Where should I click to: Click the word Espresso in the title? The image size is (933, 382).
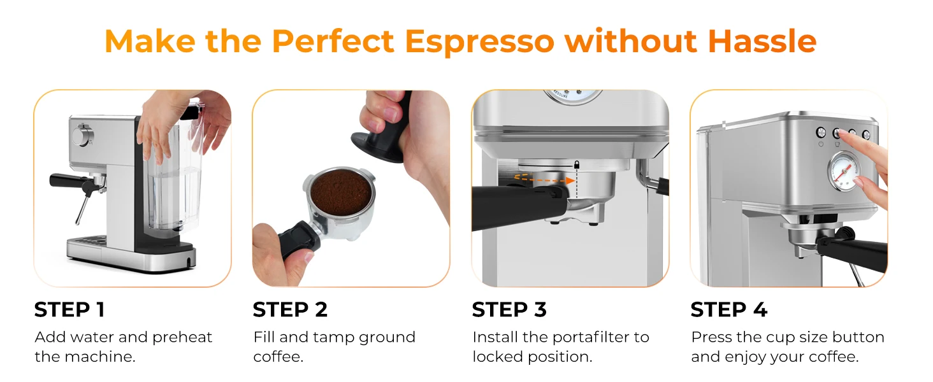[480, 42]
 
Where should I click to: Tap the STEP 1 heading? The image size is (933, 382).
[69, 310]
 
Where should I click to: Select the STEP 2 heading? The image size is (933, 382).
[290, 310]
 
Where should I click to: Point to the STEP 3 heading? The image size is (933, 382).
[509, 310]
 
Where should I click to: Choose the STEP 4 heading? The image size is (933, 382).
[728, 310]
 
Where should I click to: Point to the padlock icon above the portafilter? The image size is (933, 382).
[576, 165]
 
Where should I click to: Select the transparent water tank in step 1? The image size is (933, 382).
[166, 191]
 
